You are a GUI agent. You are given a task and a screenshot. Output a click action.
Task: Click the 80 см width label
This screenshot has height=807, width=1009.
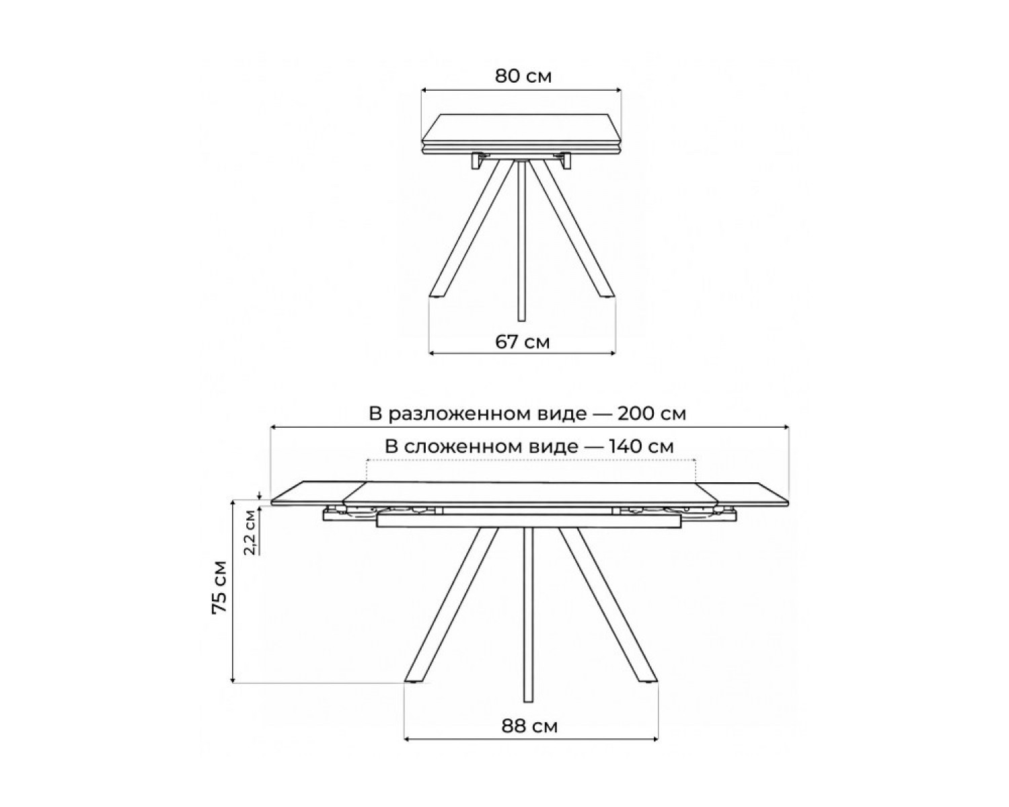(523, 77)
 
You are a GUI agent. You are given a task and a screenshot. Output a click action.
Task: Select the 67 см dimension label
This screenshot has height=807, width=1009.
(522, 342)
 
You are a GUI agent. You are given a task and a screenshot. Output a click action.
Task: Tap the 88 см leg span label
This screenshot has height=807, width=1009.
(530, 726)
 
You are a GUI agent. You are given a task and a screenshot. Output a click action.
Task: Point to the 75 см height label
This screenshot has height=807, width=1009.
(220, 586)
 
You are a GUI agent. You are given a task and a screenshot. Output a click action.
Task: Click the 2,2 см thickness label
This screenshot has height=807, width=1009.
(251, 532)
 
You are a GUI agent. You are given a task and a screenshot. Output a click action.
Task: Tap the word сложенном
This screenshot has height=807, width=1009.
(491, 447)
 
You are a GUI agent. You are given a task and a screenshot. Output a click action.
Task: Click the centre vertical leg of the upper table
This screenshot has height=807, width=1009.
(521, 241)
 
